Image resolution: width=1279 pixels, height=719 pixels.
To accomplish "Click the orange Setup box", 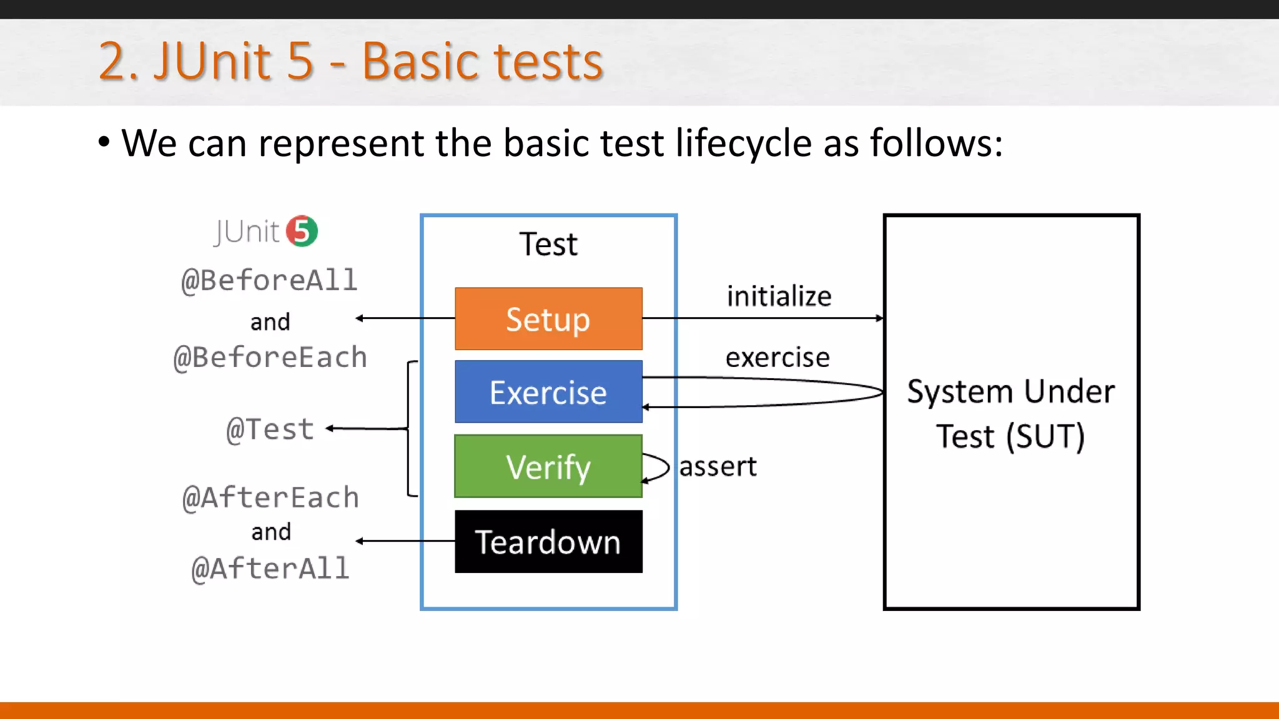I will point(548,319).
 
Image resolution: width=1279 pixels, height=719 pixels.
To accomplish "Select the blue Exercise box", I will point(548,392).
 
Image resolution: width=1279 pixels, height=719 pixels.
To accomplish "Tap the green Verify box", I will point(548,467).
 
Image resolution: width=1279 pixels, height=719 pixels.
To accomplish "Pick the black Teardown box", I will point(548,542).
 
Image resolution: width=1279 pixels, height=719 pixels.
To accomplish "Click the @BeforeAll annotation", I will point(269,280).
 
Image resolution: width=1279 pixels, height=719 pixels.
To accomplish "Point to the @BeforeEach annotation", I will point(270,358).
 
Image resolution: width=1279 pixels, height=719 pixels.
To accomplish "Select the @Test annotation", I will point(270,430).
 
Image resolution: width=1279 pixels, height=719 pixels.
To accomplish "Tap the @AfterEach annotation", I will point(270,498).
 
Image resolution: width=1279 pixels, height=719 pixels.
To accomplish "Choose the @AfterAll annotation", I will point(270,569).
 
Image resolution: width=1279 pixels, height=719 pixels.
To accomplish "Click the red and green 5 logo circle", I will point(302,232).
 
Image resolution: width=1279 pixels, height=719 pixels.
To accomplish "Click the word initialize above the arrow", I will point(779,296).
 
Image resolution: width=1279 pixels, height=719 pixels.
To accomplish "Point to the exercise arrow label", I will point(778,358).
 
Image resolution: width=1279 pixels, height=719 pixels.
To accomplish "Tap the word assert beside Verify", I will point(718,467).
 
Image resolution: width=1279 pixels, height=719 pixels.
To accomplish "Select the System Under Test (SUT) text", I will point(1010,413).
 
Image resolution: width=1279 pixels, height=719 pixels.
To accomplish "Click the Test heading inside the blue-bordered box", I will point(548,244).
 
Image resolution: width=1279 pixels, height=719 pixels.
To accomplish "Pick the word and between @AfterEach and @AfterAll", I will point(271,532).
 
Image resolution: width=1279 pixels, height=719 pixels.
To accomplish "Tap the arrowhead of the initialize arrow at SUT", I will point(880,318).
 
